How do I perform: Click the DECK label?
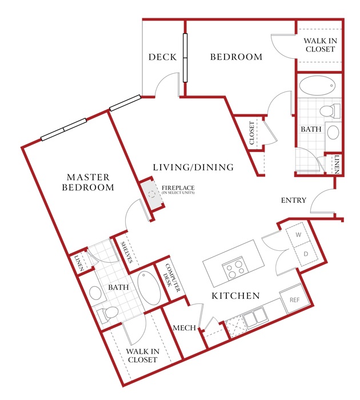pyautogui.click(x=162, y=57)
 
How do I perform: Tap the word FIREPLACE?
pyautogui.click(x=178, y=188)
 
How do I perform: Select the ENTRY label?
pyautogui.click(x=293, y=200)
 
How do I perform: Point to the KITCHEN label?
pyautogui.click(x=236, y=295)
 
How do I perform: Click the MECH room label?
pyautogui.click(x=184, y=328)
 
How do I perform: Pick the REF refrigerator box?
pyautogui.click(x=295, y=299)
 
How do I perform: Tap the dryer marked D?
pyautogui.click(x=305, y=254)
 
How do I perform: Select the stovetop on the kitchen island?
pyautogui.click(x=235, y=268)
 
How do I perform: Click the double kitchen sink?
pyautogui.click(x=255, y=318)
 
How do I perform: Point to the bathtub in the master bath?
pyautogui.click(x=149, y=287)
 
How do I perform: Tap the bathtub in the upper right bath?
pyautogui.click(x=317, y=86)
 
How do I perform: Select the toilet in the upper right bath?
pyautogui.click(x=330, y=111)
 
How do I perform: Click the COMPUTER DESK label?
pyautogui.click(x=171, y=278)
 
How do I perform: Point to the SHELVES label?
pyautogui.click(x=127, y=252)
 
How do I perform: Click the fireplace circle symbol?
pyautogui.click(x=152, y=194)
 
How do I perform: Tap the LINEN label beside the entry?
pyautogui.click(x=337, y=165)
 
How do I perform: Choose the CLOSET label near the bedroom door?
pyautogui.click(x=252, y=133)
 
